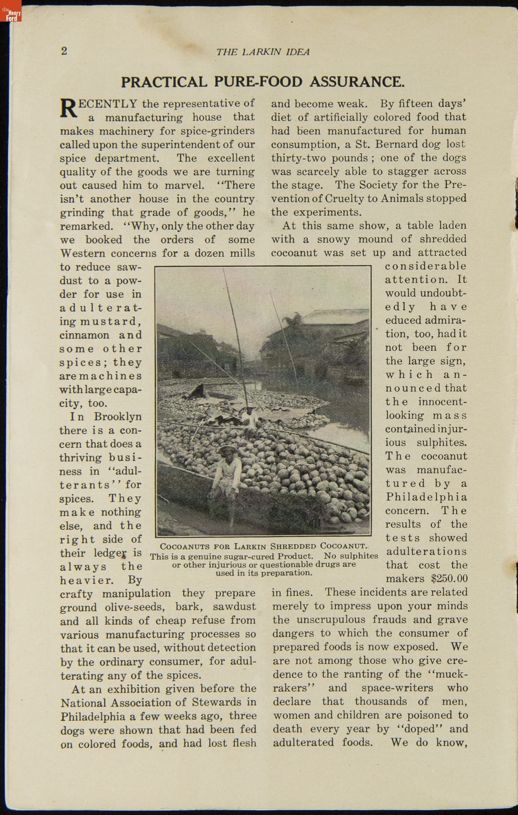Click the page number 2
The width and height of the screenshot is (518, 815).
point(64,51)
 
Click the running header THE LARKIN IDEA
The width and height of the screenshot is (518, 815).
point(263,52)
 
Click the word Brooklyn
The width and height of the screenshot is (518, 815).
point(118,417)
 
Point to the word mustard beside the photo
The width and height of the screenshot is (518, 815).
point(117,322)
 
